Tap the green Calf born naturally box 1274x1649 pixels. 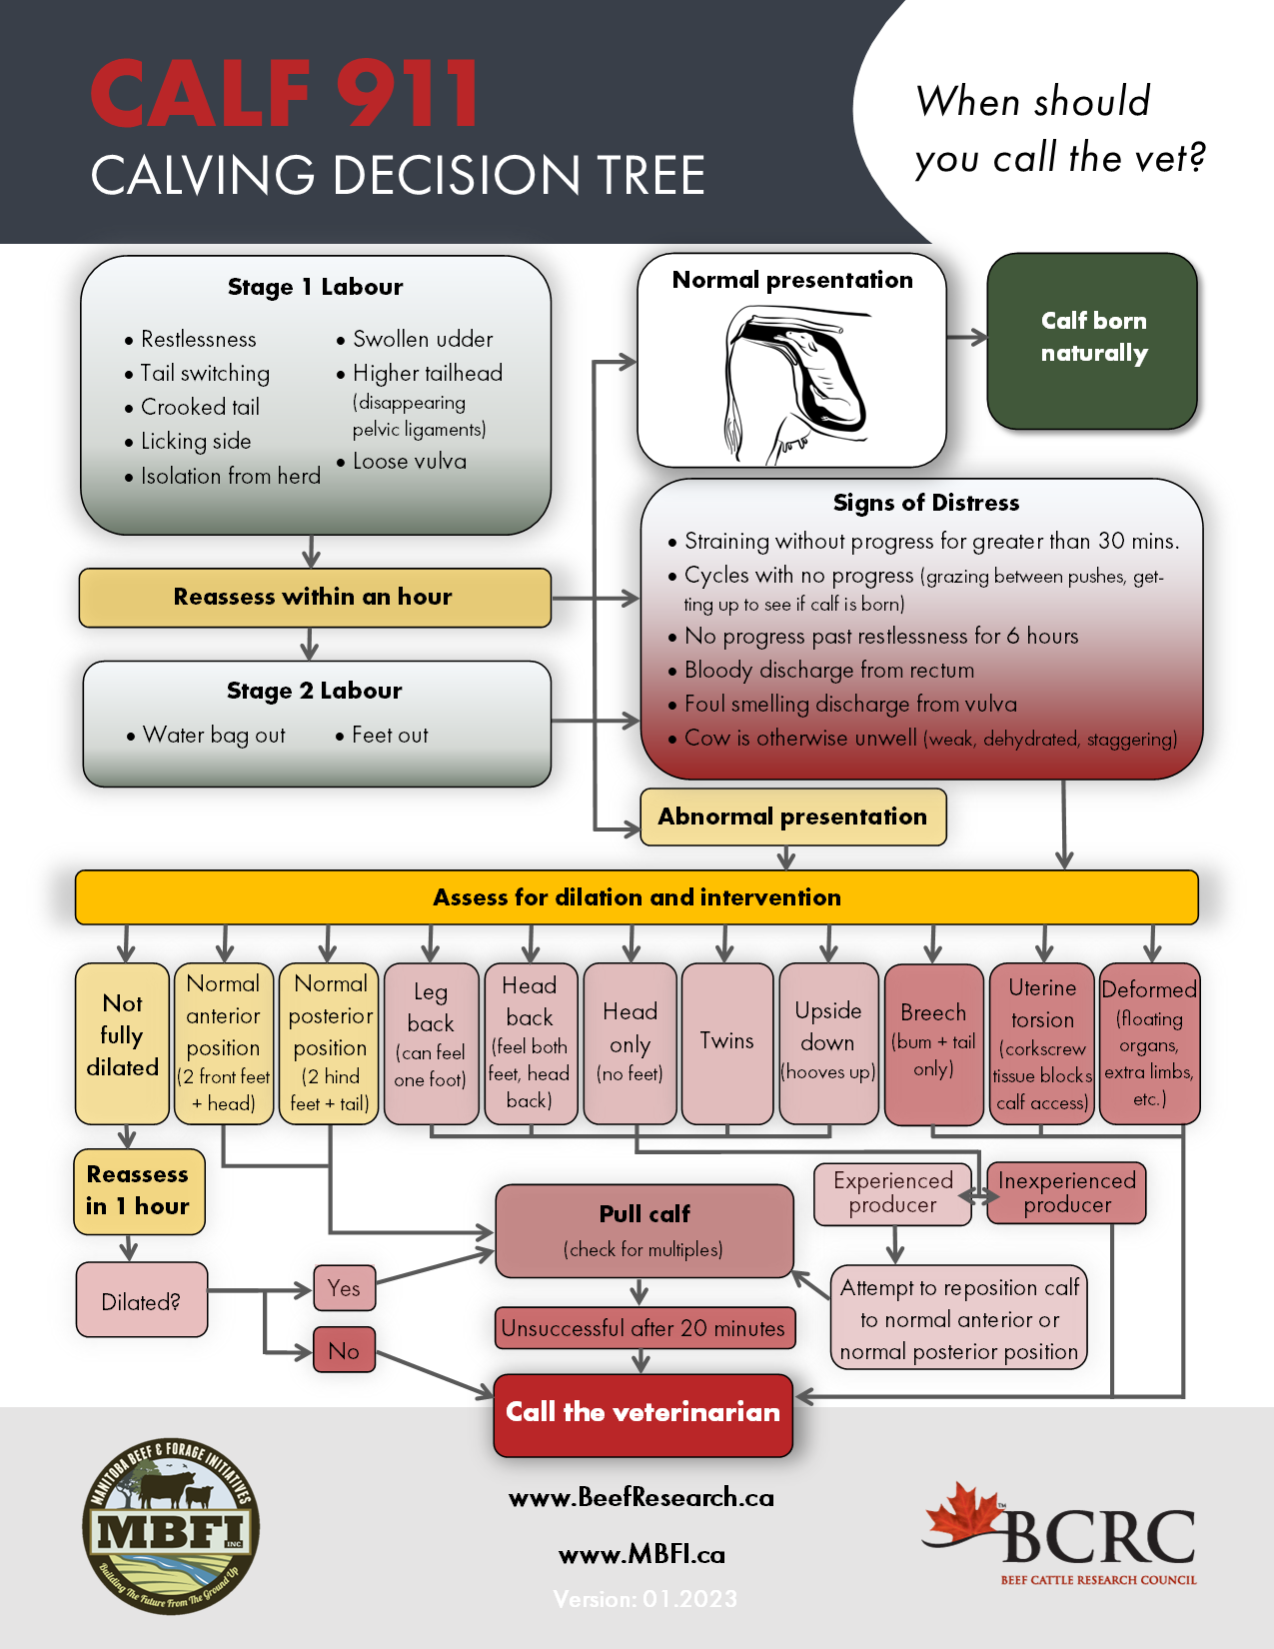click(1092, 340)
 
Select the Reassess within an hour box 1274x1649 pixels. click(314, 598)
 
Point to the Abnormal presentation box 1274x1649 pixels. click(792, 817)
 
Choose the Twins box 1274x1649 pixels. click(726, 1042)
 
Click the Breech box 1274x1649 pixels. click(933, 1042)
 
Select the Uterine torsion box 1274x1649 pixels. click(1041, 1042)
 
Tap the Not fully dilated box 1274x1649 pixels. click(122, 1042)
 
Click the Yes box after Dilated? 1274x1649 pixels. click(344, 1288)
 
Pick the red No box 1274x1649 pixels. click(344, 1350)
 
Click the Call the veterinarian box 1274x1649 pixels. click(642, 1413)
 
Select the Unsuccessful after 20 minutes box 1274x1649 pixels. click(644, 1328)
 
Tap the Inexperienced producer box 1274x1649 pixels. click(1066, 1192)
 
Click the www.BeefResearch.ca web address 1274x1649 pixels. click(641, 1497)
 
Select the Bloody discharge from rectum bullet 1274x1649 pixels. click(827, 671)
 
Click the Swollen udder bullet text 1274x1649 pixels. click(422, 340)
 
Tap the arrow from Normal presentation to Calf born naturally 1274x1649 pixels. click(966, 338)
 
